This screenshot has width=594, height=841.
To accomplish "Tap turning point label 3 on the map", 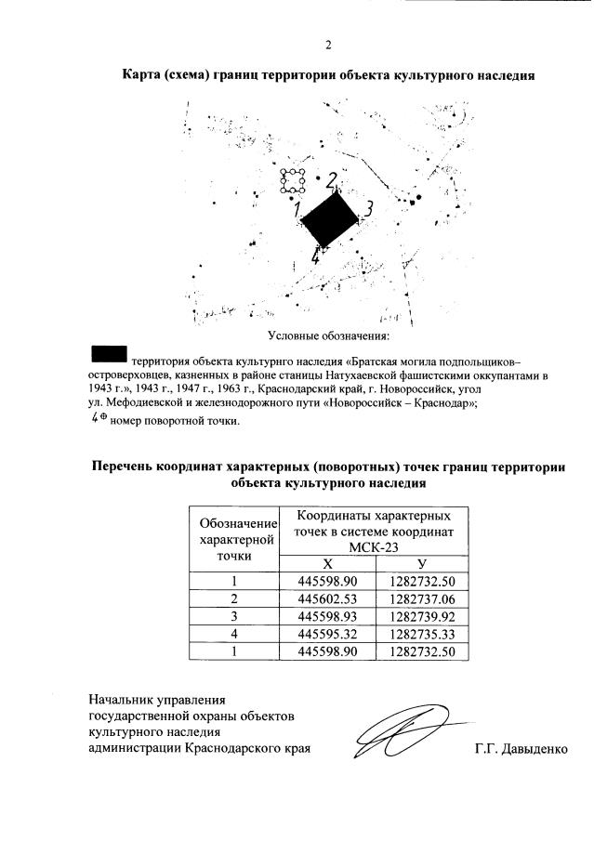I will point(368,209).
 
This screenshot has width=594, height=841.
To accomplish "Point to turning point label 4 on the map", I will point(317,257).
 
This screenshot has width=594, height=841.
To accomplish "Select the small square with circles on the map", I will point(294,181).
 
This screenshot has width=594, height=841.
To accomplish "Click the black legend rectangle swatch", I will point(109,353).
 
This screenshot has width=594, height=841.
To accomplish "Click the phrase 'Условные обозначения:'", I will point(328,335).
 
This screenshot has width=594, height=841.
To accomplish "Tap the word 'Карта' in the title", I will point(146,75).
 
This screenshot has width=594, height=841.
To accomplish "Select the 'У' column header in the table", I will point(423,564).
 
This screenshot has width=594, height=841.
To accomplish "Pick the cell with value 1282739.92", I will point(423,616).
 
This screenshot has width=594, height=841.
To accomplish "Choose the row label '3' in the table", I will point(235,616).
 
